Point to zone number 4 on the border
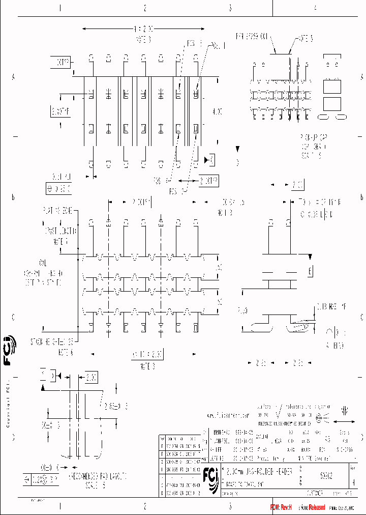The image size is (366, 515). [x=315, y=8]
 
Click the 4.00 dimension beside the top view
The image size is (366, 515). [x=217, y=110]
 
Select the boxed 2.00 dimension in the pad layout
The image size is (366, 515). [x=91, y=377]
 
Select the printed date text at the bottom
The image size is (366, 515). [x=343, y=507]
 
